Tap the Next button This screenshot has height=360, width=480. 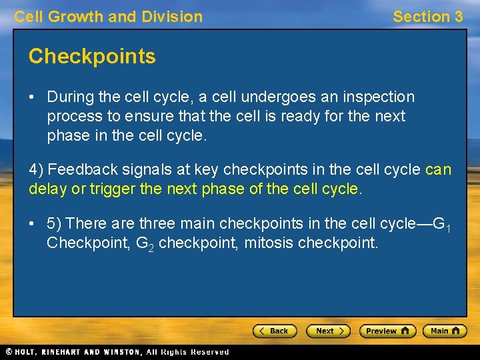[x=328, y=331]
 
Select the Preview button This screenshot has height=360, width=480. [x=387, y=331]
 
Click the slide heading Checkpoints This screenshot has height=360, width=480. [x=92, y=57]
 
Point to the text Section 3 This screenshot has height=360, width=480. [x=427, y=17]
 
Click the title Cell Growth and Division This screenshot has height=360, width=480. [x=109, y=17]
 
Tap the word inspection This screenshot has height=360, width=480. [x=378, y=97]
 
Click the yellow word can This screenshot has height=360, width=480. [x=438, y=170]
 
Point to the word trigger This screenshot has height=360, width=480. [x=114, y=189]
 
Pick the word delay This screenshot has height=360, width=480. [x=47, y=189]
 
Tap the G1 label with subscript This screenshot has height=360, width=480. [x=442, y=224]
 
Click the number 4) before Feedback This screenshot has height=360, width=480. [x=36, y=170]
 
